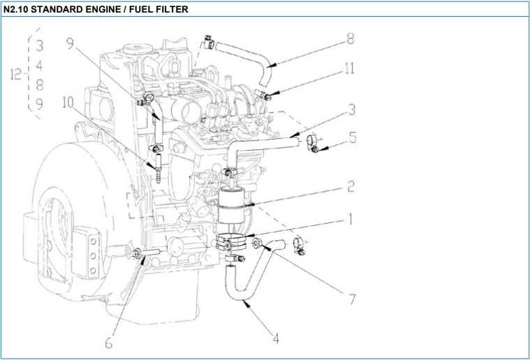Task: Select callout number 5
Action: pos(353,137)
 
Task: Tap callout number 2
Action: pos(351,186)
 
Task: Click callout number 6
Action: pos(109,343)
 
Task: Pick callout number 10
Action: pos(68,103)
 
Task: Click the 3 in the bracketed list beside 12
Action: pos(40,47)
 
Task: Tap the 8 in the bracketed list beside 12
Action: pos(40,85)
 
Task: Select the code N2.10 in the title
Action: pos(19,10)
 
